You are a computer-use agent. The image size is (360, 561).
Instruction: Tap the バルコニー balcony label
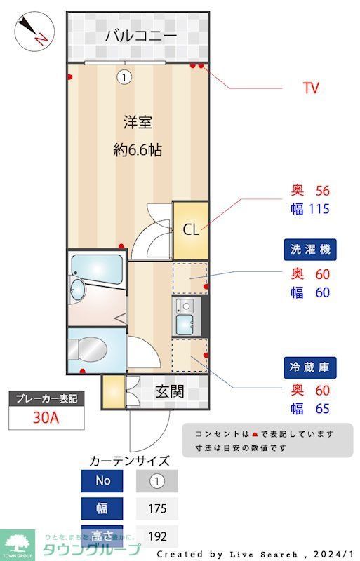click(x=140, y=36)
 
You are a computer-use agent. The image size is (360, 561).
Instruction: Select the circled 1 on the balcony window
click(x=124, y=77)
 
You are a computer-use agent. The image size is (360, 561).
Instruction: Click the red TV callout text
click(x=311, y=88)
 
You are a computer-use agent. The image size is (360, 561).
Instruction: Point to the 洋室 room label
click(x=138, y=123)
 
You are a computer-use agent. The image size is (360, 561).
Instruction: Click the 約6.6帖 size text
click(x=138, y=149)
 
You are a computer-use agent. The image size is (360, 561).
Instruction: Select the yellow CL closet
click(x=190, y=230)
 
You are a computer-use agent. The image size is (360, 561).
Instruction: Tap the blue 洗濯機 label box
click(x=309, y=249)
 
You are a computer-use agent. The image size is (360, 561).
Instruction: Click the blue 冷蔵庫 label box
click(x=309, y=366)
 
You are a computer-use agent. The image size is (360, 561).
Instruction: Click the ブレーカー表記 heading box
click(x=46, y=398)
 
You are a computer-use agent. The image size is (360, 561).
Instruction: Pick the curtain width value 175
click(x=156, y=508)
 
